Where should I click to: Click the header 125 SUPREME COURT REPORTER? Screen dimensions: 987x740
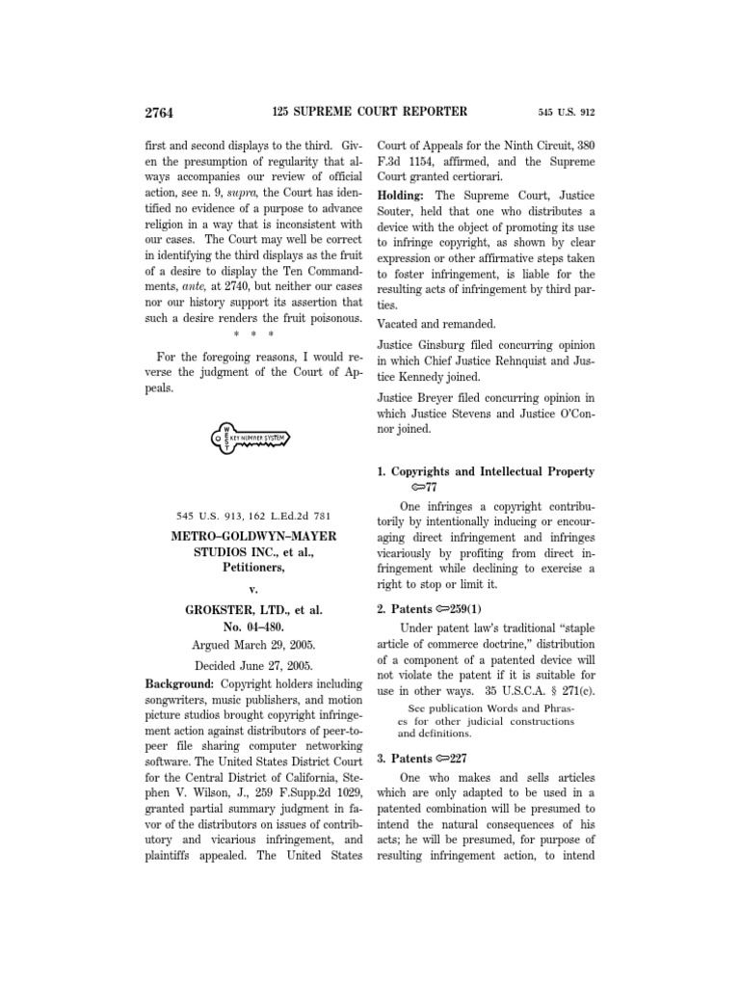(x=369, y=112)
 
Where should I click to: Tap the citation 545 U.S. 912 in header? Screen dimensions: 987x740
(x=566, y=113)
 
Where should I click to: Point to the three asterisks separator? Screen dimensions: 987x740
(x=251, y=334)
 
